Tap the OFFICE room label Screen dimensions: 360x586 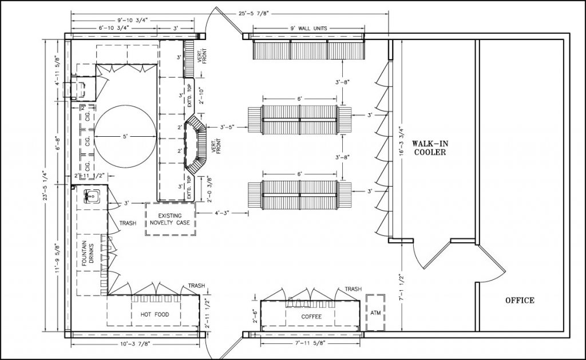coord(519,300)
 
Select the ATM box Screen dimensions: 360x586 coord(375,312)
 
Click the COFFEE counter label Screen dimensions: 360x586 coord(311,317)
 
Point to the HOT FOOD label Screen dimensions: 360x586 coord(153,315)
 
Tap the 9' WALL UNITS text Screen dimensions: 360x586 coord(310,28)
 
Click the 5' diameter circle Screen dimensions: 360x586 coord(124,137)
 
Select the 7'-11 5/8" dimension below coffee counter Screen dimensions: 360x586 coord(312,343)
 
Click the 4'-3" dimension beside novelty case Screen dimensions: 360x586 coord(222,213)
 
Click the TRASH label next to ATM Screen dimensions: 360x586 coord(353,290)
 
